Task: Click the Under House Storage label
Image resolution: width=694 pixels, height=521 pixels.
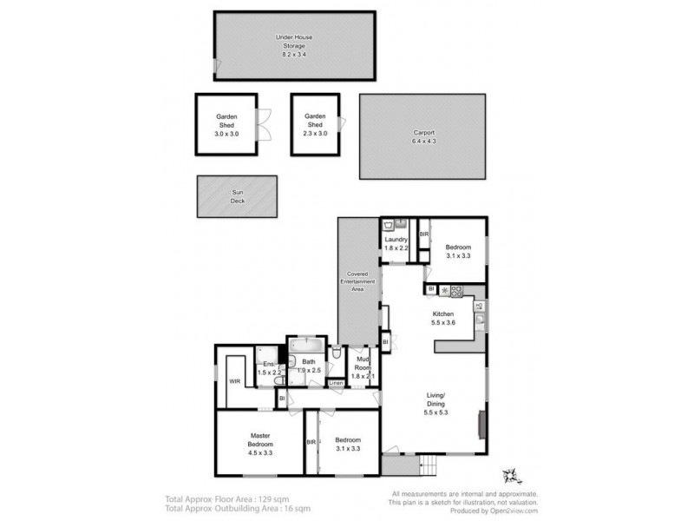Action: pos(294,46)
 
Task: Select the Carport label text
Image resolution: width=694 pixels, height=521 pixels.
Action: pos(423,137)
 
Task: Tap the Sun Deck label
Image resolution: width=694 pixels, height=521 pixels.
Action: pos(238,196)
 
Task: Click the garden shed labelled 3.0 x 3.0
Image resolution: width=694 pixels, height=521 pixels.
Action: pos(226,125)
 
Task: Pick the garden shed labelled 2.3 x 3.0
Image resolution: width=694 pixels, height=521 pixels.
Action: pos(315,124)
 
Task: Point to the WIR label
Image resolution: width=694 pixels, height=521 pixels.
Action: pos(234,380)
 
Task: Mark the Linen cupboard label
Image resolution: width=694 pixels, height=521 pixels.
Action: pos(336,383)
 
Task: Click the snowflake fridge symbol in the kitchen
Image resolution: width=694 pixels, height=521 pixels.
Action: pos(444,290)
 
